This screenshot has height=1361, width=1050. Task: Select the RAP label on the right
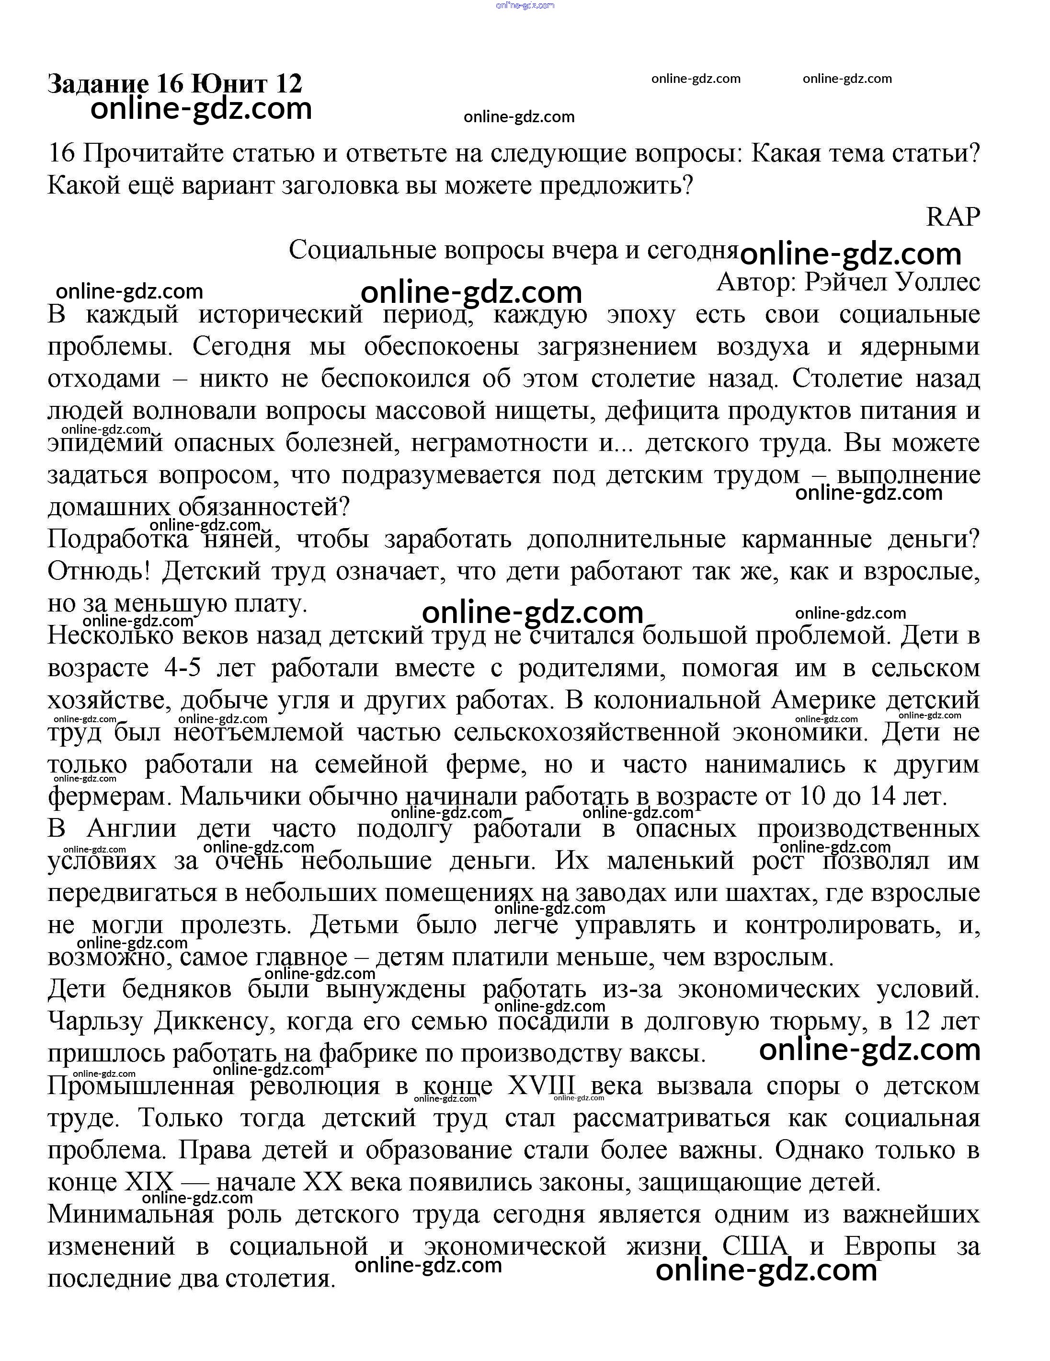(x=953, y=217)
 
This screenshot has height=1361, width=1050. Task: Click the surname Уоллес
(x=938, y=282)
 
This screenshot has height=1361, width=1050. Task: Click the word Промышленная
(x=141, y=1086)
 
